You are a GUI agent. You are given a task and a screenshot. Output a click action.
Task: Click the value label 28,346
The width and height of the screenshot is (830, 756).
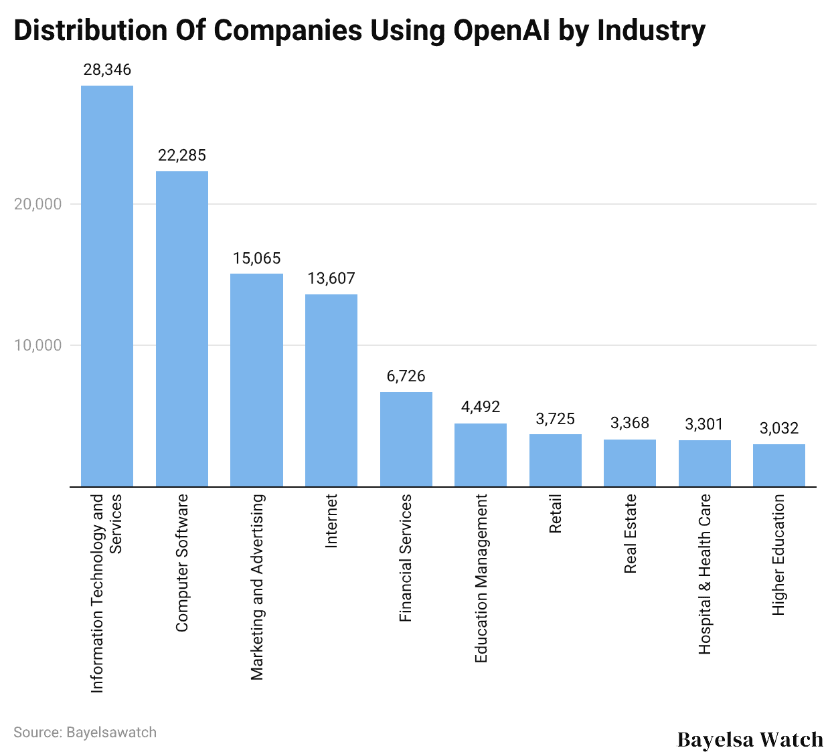107,70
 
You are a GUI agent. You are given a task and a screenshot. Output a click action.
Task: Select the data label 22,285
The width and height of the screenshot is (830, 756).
182,155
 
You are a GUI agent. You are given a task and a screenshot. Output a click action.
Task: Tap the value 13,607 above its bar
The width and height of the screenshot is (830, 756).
331,278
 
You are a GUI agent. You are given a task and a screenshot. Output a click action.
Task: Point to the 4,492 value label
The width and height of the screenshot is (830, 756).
481,407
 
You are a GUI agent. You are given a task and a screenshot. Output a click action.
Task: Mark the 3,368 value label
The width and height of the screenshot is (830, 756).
630,423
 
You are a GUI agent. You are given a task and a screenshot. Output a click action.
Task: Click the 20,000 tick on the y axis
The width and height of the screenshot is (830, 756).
38,204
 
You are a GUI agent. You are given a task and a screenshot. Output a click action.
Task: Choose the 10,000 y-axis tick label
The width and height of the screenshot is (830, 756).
38,345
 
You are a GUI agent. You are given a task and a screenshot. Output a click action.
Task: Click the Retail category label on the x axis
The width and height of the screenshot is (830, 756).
556,514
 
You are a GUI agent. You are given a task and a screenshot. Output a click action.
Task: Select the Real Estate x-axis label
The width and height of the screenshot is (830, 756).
630,534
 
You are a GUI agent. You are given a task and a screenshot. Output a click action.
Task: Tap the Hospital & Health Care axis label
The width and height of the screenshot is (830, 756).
705,574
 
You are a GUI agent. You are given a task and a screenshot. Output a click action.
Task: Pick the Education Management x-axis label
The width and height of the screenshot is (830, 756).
481,579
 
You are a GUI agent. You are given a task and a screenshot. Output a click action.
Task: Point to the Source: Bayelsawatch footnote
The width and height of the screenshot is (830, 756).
85,732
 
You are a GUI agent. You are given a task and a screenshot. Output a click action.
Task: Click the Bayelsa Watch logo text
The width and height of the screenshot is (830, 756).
750,739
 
